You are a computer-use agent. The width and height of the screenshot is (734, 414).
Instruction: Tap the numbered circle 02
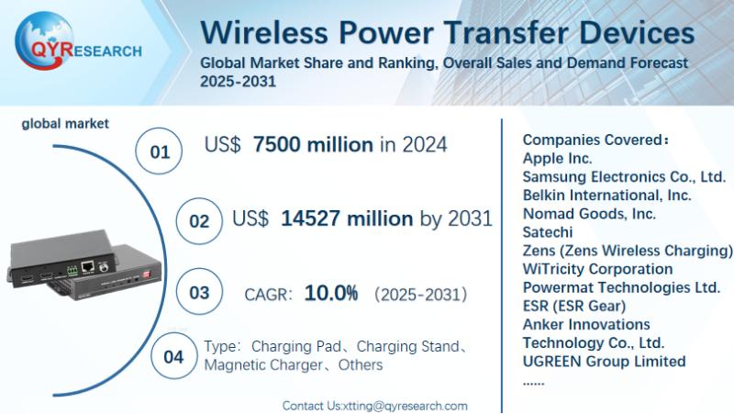click(199, 221)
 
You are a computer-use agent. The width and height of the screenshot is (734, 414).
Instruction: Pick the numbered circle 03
click(199, 294)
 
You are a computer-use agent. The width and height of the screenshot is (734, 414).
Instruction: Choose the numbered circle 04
click(172, 357)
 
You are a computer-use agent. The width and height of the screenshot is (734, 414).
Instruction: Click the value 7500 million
click(313, 144)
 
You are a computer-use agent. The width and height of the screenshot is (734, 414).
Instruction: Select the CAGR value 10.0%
click(330, 294)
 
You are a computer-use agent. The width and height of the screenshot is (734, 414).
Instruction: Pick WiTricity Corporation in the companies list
click(597, 269)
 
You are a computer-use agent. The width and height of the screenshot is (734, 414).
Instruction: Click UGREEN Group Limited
click(604, 362)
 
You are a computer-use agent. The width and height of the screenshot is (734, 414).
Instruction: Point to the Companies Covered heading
click(595, 140)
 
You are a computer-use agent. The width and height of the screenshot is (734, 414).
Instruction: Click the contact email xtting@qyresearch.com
click(405, 405)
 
